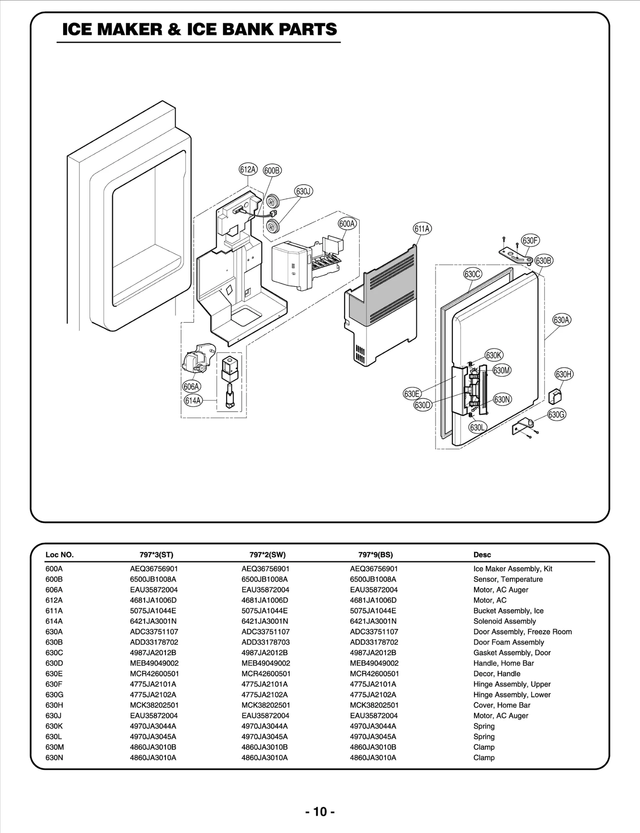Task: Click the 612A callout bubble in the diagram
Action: tap(248, 169)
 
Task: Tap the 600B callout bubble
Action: tap(272, 171)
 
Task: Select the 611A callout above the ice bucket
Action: tap(422, 229)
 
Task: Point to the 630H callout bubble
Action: tap(564, 374)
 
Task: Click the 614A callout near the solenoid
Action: tap(193, 400)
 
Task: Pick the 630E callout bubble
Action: tap(412, 394)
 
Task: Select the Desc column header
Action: tap(482, 555)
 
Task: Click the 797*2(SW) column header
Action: tap(267, 555)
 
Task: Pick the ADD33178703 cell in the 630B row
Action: tap(265, 642)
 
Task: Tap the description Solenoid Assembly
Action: tap(504, 621)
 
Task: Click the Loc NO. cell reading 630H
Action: tap(54, 705)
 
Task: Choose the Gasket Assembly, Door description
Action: tap(512, 653)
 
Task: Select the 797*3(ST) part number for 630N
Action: tap(153, 757)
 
